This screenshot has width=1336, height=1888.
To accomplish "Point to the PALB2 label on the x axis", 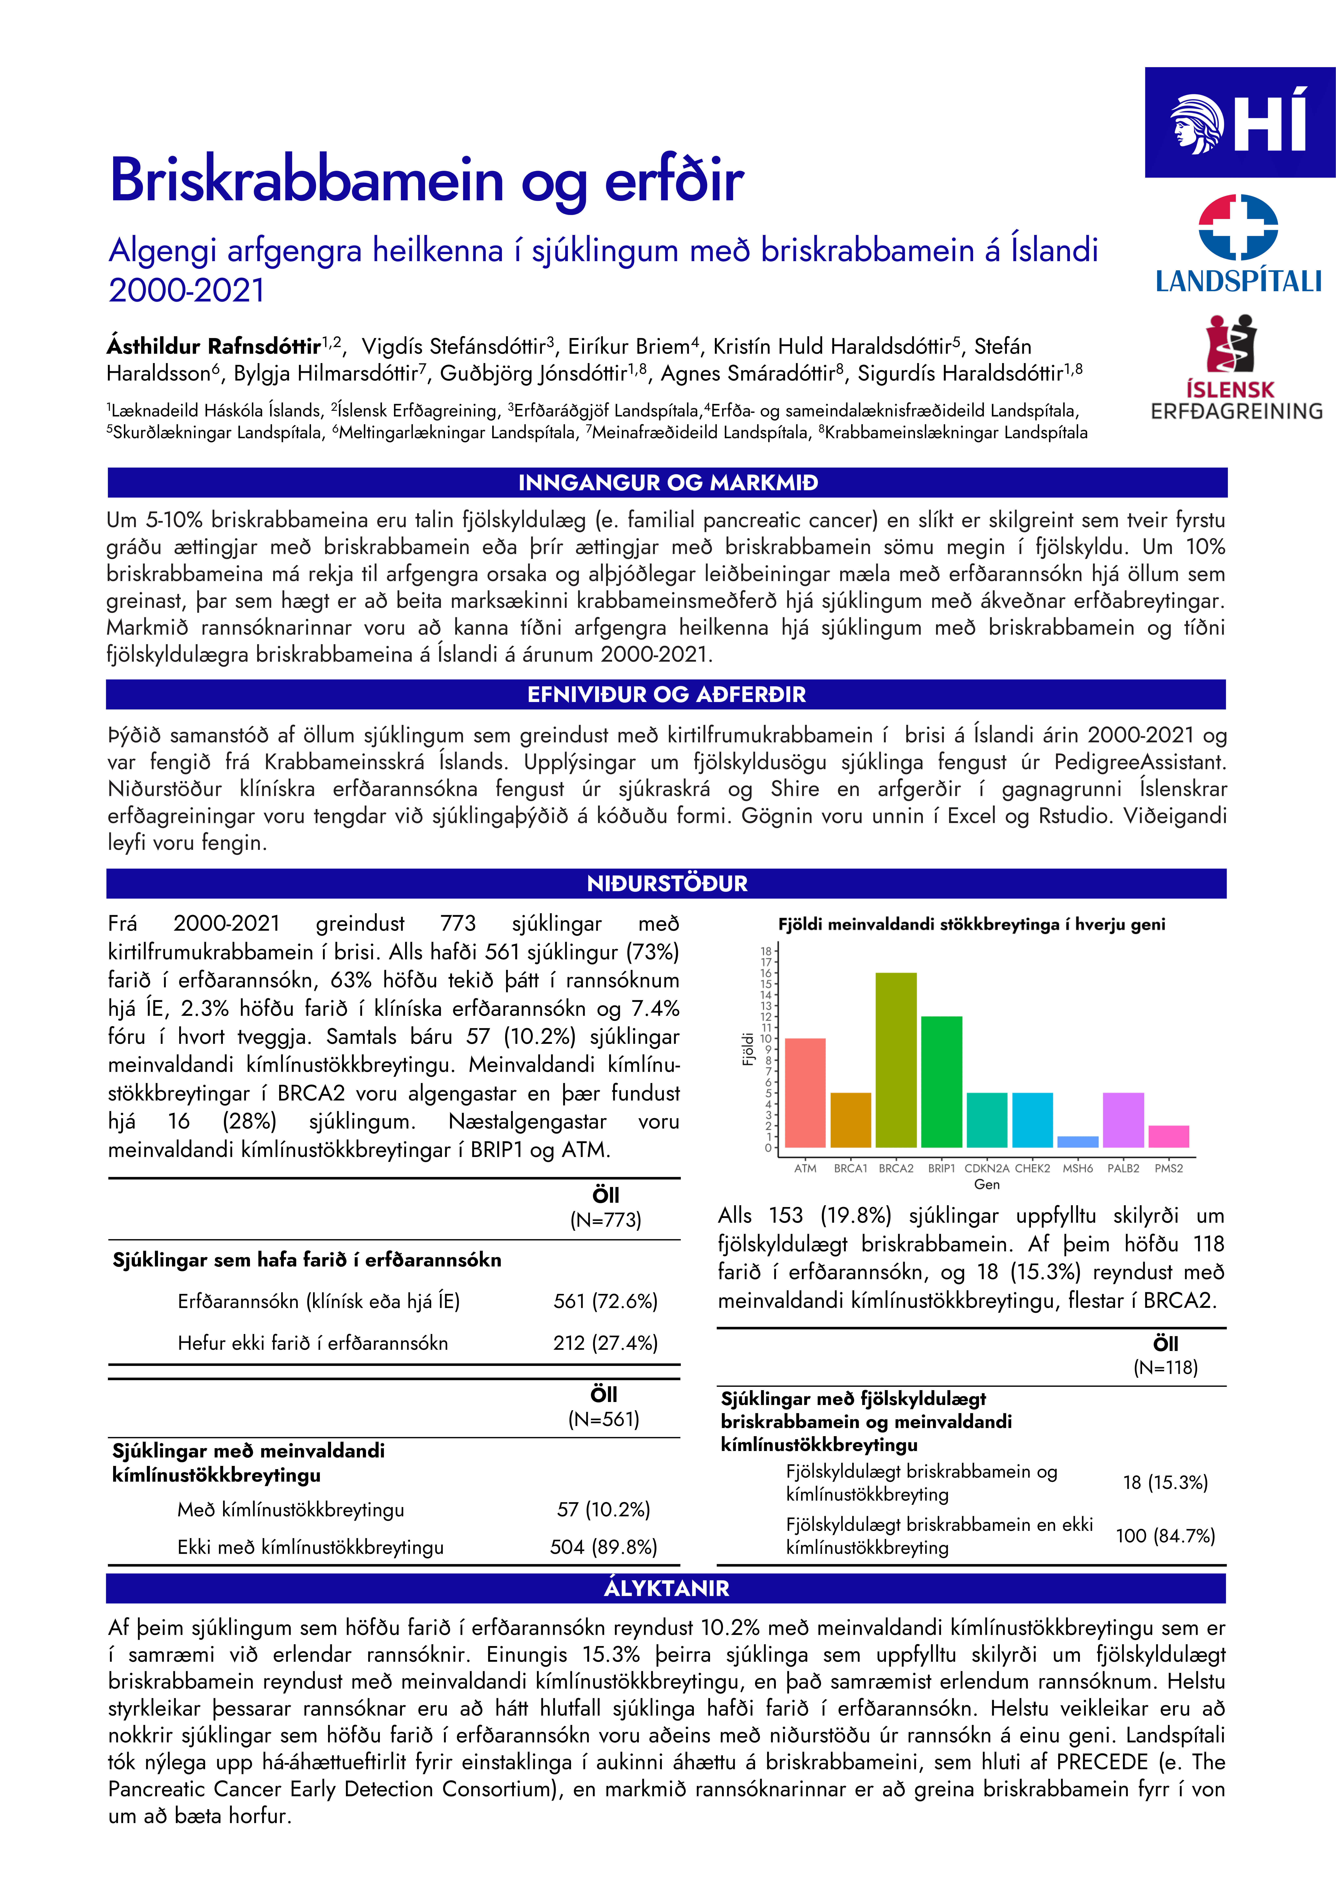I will [1123, 1168].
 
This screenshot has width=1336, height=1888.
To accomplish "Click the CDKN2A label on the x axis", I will [986, 1168].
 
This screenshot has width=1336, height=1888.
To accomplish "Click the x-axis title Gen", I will [986, 1184].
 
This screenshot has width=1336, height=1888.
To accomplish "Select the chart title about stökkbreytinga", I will [971, 924].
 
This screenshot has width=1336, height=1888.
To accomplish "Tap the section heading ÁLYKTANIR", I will [666, 1588].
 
